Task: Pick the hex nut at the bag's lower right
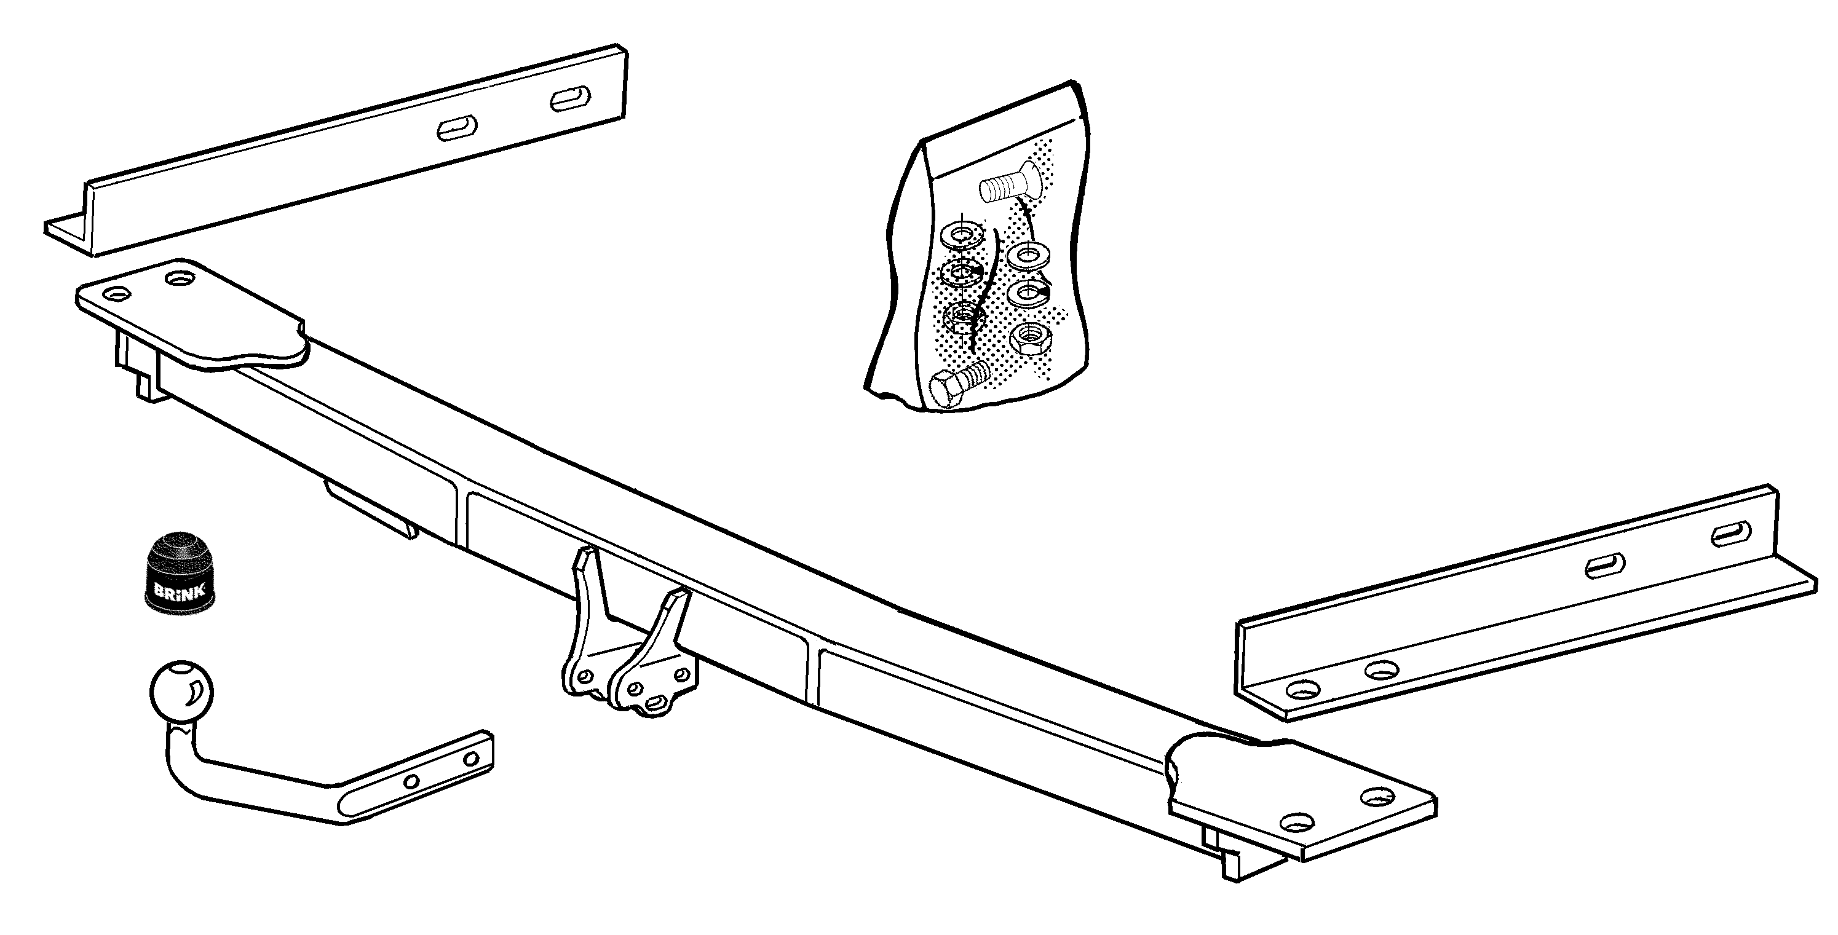1029,338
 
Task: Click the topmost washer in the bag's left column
961,234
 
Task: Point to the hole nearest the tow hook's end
470,758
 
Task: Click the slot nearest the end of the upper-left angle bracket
571,98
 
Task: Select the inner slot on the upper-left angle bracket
457,129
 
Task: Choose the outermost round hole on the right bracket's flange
1303,690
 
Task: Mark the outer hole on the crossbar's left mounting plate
117,293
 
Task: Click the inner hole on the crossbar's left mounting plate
179,277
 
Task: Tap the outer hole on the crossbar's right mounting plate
1377,797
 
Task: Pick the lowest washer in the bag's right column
1029,292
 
